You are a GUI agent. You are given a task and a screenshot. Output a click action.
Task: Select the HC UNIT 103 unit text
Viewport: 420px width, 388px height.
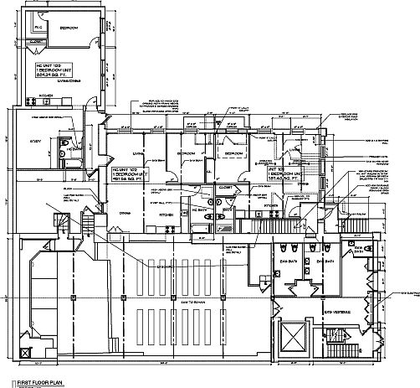(x=47, y=64)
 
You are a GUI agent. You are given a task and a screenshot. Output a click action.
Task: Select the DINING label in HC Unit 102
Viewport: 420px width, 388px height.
(x=126, y=213)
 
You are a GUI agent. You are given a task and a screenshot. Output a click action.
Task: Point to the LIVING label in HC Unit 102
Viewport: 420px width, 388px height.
(x=140, y=153)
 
